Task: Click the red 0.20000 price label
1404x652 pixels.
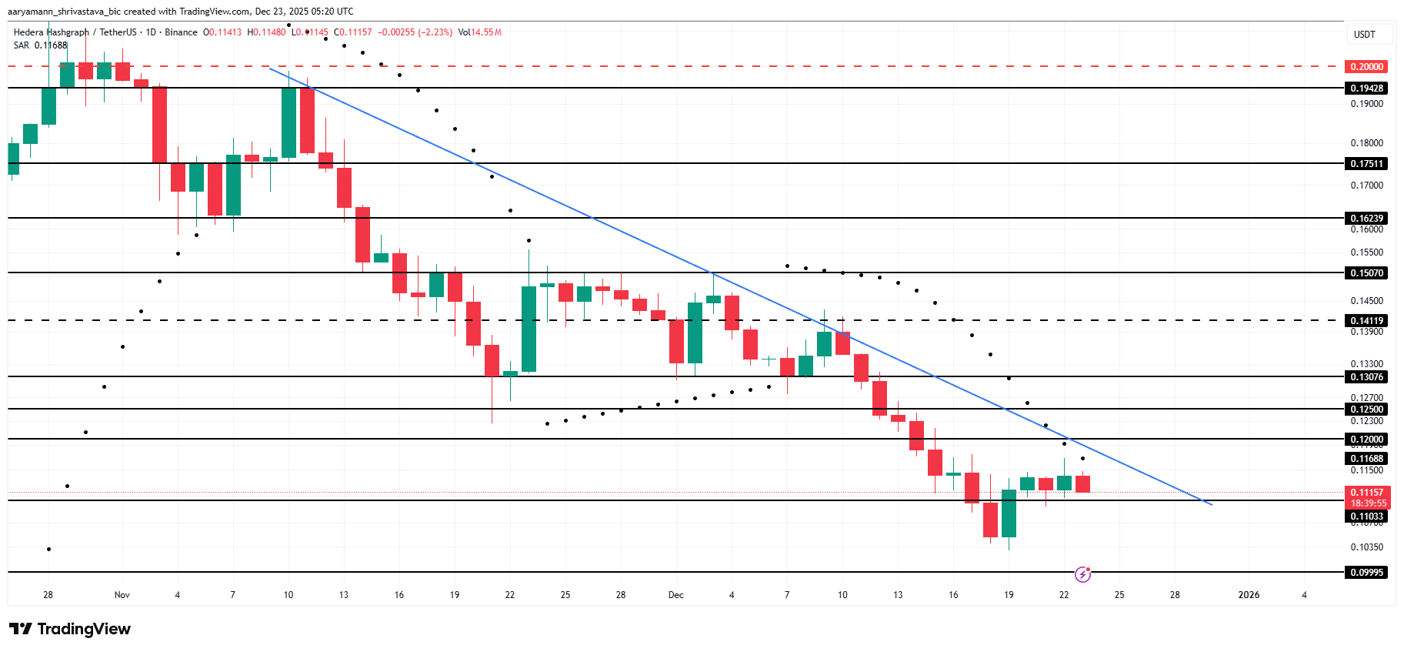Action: [x=1366, y=67]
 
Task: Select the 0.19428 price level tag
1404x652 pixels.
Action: [x=1366, y=89]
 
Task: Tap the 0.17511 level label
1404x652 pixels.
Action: [x=1366, y=164]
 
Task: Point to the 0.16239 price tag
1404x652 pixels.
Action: [x=1366, y=219]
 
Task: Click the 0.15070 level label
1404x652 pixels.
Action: [x=1366, y=273]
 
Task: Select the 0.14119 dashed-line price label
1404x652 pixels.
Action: [x=1366, y=321]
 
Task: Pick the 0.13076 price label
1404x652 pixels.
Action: [x=1366, y=377]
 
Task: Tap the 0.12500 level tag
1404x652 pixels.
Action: [x=1366, y=410]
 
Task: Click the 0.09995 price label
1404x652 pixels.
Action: [x=1366, y=573]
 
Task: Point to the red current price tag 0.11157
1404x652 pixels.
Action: [x=1366, y=493]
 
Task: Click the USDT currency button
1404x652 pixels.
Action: [x=1365, y=35]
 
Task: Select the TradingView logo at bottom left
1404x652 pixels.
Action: [x=70, y=629]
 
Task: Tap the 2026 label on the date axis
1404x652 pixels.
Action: [x=1248, y=595]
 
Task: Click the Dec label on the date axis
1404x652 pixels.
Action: [x=675, y=595]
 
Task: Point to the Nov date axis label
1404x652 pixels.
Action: [x=122, y=595]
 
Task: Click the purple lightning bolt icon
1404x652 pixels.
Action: [x=1082, y=574]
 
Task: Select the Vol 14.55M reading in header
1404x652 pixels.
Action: [x=480, y=32]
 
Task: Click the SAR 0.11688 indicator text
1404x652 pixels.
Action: [x=40, y=45]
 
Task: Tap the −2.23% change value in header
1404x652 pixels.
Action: [x=435, y=32]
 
